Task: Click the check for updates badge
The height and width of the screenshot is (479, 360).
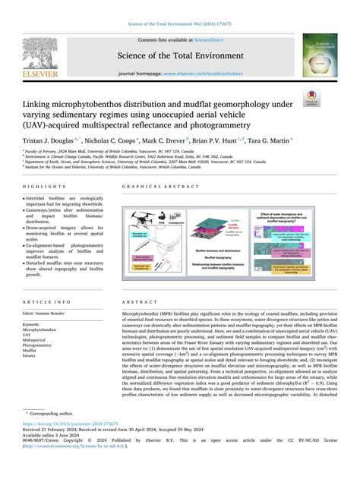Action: point(331,99)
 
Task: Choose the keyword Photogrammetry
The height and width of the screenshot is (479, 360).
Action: point(40,345)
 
